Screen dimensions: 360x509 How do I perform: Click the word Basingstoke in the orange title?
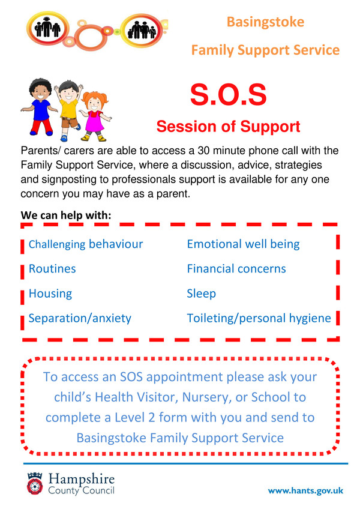pos(265,22)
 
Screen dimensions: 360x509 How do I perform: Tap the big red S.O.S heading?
pos(228,94)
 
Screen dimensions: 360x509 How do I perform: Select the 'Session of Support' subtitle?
pos(228,127)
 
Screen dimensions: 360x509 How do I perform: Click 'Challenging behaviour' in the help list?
pos(86,244)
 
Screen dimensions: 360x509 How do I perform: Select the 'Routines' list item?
pos(52,269)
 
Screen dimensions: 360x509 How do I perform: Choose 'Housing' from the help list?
pos(50,294)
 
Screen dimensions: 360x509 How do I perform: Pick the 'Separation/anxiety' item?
pos(80,319)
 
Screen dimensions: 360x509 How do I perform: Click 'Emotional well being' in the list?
pos(243,244)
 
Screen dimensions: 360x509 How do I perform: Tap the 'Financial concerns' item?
pos(236,269)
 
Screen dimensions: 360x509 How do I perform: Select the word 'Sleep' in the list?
pos(201,294)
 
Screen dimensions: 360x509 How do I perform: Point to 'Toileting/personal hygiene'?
pos(259,319)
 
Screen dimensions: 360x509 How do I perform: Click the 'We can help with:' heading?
pos(66,215)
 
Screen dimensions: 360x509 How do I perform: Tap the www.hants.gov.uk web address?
pos(305,490)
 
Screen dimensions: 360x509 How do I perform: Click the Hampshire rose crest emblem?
pos(35,483)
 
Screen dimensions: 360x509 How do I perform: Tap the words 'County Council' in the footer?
pos(81,490)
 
